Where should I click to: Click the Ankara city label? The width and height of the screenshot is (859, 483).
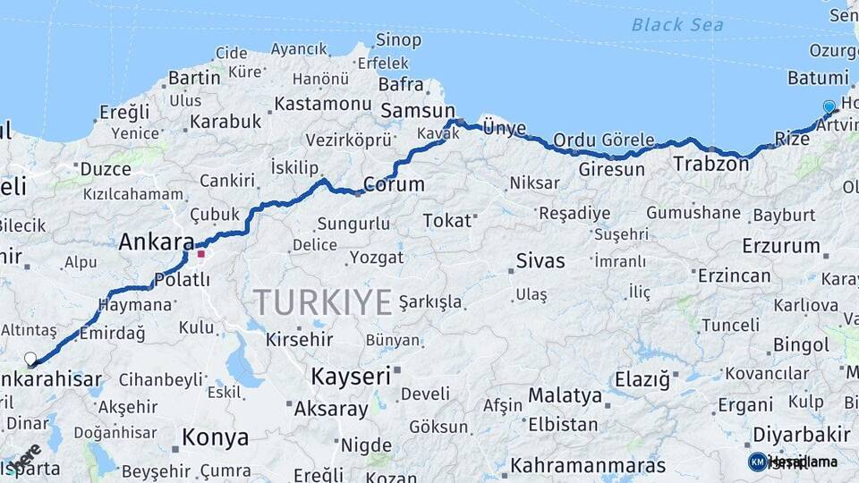(x=157, y=241)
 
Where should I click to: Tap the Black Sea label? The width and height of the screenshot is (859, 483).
(x=677, y=24)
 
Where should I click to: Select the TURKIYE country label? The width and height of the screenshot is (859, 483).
(x=322, y=301)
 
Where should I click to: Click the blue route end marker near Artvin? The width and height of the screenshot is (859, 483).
(x=829, y=107)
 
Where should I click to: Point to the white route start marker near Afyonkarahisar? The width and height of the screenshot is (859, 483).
(x=30, y=359)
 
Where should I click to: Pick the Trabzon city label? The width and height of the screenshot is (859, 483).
(x=710, y=164)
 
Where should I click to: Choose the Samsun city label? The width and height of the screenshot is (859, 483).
(x=418, y=111)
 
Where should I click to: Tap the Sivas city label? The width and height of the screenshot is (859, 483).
(x=540, y=261)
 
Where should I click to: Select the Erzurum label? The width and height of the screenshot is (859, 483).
(x=780, y=245)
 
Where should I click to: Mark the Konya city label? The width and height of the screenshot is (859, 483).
(x=215, y=437)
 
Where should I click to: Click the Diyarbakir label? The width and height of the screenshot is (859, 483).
(x=801, y=434)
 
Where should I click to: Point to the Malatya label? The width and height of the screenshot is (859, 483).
(x=565, y=394)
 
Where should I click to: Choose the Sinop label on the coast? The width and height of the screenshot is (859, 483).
(x=397, y=39)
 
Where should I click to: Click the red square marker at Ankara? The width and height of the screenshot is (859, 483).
(x=201, y=254)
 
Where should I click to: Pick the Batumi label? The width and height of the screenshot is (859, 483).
(x=818, y=78)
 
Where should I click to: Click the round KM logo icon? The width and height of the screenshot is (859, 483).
(x=757, y=462)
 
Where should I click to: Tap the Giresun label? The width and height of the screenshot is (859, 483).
(x=611, y=169)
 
